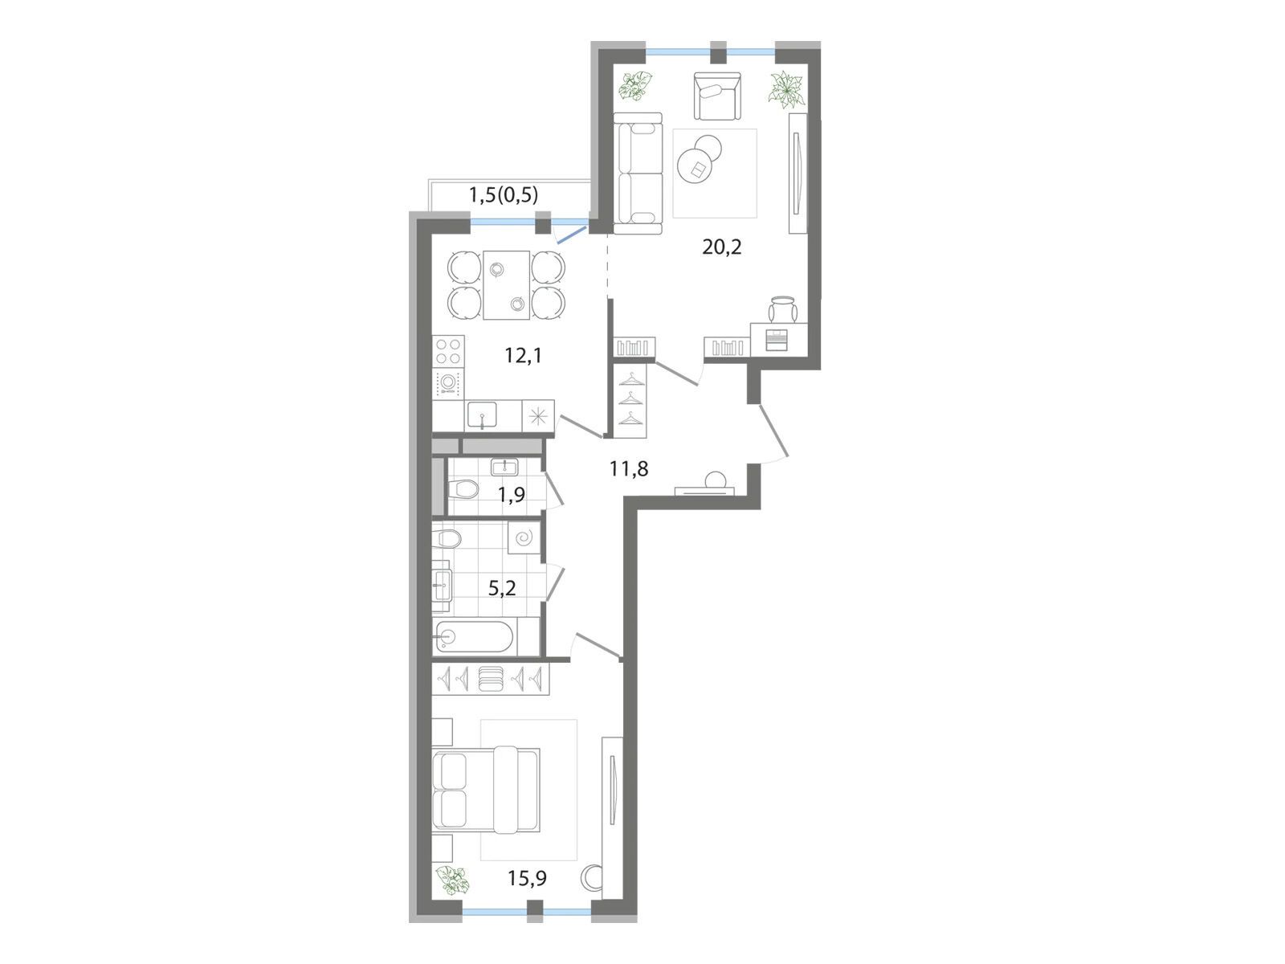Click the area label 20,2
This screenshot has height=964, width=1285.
click(721, 247)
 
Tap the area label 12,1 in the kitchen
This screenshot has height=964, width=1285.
click(524, 355)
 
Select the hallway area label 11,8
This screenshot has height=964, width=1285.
click(629, 468)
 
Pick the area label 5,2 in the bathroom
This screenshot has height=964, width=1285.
click(502, 588)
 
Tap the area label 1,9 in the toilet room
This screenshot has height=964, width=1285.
click(512, 495)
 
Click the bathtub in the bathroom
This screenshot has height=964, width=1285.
click(475, 637)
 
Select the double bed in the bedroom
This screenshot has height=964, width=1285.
click(485, 789)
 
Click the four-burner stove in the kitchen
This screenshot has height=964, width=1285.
click(448, 351)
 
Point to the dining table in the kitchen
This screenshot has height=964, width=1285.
click(507, 285)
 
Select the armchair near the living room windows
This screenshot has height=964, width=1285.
click(716, 96)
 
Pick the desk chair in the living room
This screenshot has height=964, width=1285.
click(783, 309)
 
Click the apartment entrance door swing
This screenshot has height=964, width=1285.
click(774, 431)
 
